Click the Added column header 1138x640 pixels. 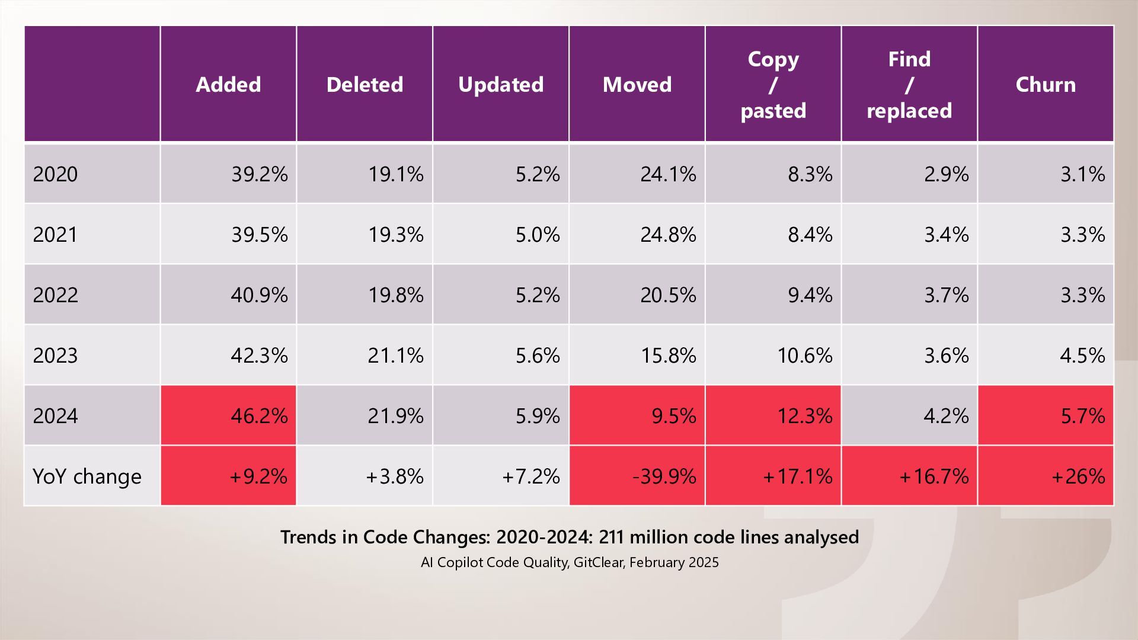tap(228, 85)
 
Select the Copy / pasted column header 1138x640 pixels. tap(773, 85)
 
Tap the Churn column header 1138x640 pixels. tap(1046, 85)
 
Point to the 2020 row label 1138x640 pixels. tap(56, 174)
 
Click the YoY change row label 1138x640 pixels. tap(87, 476)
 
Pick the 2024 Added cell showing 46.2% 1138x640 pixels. tap(259, 416)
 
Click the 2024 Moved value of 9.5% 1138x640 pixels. tap(673, 416)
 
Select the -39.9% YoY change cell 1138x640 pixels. tap(664, 476)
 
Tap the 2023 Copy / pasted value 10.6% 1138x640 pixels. tap(804, 356)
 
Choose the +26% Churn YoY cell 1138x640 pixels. tap(1078, 476)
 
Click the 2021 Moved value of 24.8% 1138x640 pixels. tap(668, 235)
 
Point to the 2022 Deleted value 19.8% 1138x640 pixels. tap(395, 295)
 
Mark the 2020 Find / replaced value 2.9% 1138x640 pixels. tap(946, 174)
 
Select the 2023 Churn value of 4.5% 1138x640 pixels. tap(1082, 356)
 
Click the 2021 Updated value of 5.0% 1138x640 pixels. tap(537, 235)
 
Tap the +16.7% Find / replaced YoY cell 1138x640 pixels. tap(934, 476)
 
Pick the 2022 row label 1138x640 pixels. tap(56, 295)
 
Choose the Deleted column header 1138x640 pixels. tap(365, 85)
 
